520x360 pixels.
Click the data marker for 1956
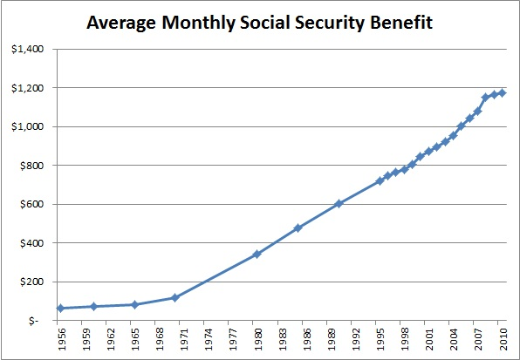coord(60,309)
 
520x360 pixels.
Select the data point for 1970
coord(174,297)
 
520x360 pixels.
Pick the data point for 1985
coord(298,228)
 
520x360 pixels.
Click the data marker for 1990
coord(339,204)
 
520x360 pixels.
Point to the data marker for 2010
coord(502,92)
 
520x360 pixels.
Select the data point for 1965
coord(134,305)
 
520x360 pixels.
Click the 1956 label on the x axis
coord(60,340)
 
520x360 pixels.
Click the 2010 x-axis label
coord(502,340)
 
